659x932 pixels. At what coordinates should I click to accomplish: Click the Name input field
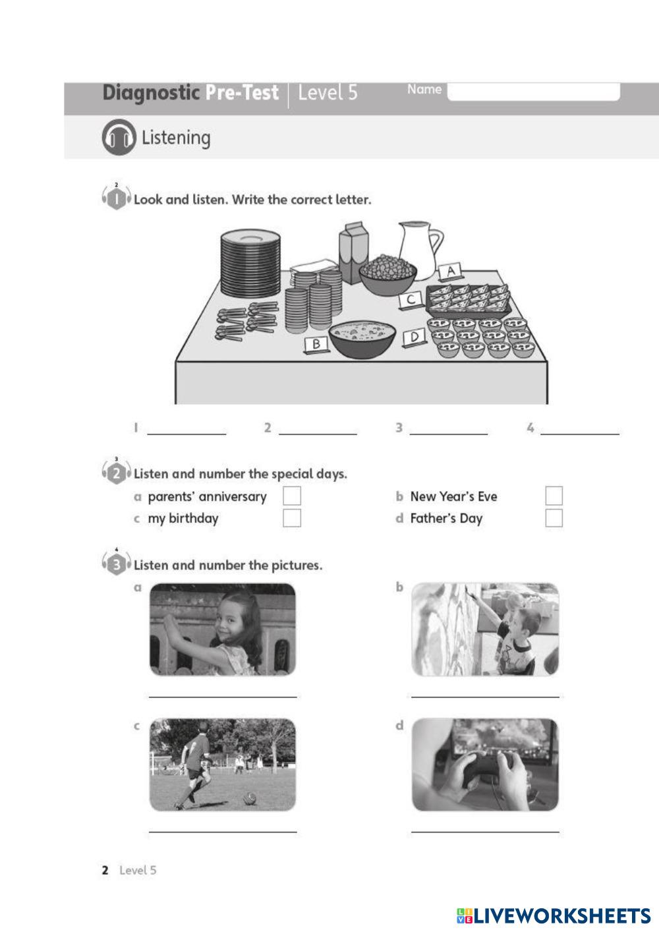pos(533,91)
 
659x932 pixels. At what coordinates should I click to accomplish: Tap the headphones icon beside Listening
pos(119,137)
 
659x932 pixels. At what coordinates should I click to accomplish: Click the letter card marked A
pos(451,272)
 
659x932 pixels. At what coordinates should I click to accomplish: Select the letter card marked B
pos(316,344)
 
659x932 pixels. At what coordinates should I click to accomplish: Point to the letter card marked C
pos(410,299)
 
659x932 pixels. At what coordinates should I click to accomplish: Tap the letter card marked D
pos(414,337)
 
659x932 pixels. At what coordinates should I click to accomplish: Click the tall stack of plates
pos(250,264)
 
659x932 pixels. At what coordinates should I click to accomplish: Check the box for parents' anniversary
pos(292,496)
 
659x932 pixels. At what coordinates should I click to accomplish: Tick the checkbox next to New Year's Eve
pos(554,496)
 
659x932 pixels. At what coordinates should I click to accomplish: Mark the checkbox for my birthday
pos(292,518)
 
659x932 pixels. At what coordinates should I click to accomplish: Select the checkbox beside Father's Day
pos(554,518)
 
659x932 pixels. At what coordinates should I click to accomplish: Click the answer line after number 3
pos(449,434)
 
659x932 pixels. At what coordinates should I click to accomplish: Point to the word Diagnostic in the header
pos(151,92)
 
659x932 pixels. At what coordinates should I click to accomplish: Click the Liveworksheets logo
pos(554,916)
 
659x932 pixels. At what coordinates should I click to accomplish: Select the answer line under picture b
pos(485,696)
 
